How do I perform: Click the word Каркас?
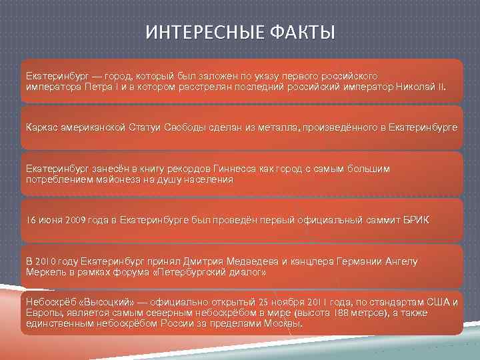tap(42, 126)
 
